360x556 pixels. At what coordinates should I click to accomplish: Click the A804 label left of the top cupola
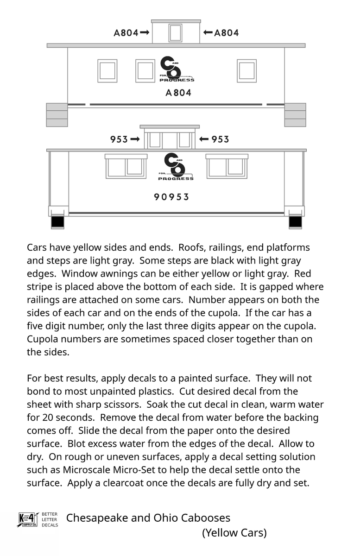click(126, 33)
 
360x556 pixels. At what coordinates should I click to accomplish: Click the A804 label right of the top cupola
click(227, 33)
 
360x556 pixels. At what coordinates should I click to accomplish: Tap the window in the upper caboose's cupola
click(176, 33)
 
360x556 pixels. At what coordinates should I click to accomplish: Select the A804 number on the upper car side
click(178, 93)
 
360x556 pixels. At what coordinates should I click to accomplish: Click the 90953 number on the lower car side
click(171, 197)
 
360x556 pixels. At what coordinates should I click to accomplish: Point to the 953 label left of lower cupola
click(119, 139)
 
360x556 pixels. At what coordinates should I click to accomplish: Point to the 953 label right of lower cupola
click(220, 139)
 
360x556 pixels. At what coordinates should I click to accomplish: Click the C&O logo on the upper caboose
click(176, 69)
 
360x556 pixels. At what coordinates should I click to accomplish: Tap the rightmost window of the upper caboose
click(246, 71)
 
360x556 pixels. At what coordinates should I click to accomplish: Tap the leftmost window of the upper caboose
click(107, 71)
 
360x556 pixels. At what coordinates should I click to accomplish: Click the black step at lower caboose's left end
click(57, 222)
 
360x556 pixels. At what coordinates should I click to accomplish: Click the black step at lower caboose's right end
click(295, 222)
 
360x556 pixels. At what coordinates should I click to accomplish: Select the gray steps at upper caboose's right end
click(295, 115)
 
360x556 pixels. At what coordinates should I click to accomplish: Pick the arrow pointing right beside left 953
click(135, 139)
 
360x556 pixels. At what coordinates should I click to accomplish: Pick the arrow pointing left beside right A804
click(208, 33)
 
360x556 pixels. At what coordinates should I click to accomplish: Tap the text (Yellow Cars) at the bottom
click(234, 533)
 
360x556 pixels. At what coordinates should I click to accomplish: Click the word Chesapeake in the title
click(97, 518)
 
